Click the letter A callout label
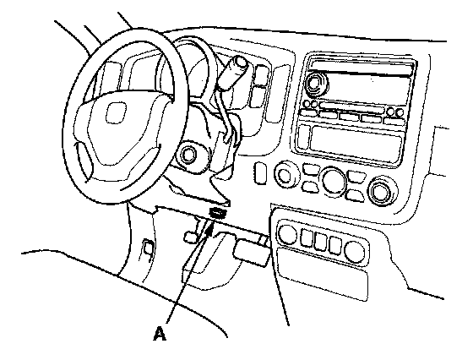[x=160, y=333]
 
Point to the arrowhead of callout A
[x=210, y=227]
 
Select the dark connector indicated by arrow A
[x=219, y=213]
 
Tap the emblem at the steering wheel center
[x=116, y=112]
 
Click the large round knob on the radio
[x=315, y=82]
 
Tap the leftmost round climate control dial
[x=284, y=174]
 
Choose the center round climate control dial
[x=334, y=180]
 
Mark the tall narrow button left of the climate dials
[x=260, y=173]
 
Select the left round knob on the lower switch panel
[x=287, y=234]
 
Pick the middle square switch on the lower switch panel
[x=321, y=241]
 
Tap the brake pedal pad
[x=250, y=253]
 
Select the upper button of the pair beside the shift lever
[x=261, y=75]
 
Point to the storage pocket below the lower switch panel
[x=323, y=274]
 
